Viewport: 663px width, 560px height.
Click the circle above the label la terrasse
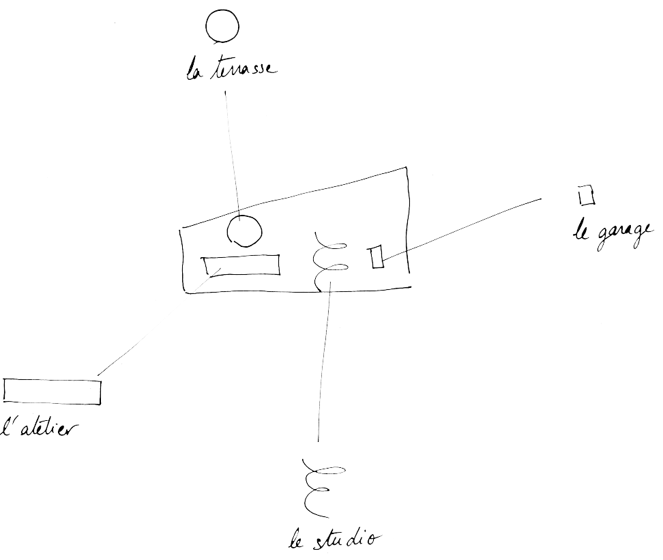click(222, 28)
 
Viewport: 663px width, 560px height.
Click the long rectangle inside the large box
click(240, 265)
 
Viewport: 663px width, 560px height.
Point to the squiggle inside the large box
click(327, 261)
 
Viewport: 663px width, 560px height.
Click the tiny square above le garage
click(585, 195)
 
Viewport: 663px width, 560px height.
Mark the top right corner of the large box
click(407, 168)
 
